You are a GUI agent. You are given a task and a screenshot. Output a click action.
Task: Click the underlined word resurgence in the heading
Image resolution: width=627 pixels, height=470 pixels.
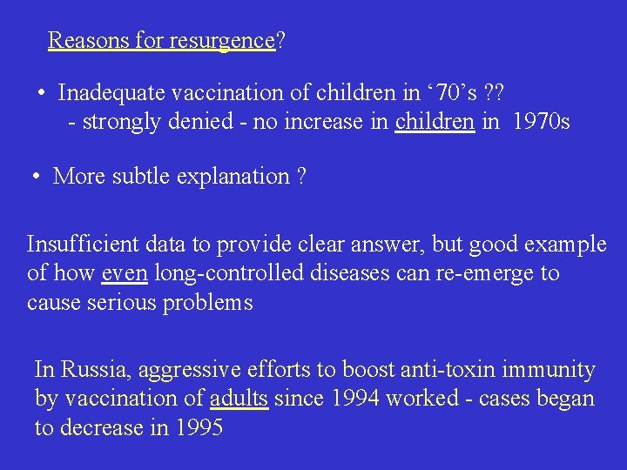[x=222, y=41]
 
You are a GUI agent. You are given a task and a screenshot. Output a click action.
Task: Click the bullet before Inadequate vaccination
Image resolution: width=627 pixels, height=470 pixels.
[x=42, y=92]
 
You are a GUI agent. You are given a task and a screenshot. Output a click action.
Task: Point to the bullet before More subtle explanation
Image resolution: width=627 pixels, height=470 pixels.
[x=37, y=177]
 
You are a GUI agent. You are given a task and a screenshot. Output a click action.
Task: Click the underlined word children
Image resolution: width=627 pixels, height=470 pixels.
[x=435, y=122]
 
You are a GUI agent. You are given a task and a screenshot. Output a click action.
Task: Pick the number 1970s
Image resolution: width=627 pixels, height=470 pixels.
[x=542, y=122]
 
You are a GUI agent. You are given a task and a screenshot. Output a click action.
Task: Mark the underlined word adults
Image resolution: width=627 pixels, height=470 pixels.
[x=239, y=399]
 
